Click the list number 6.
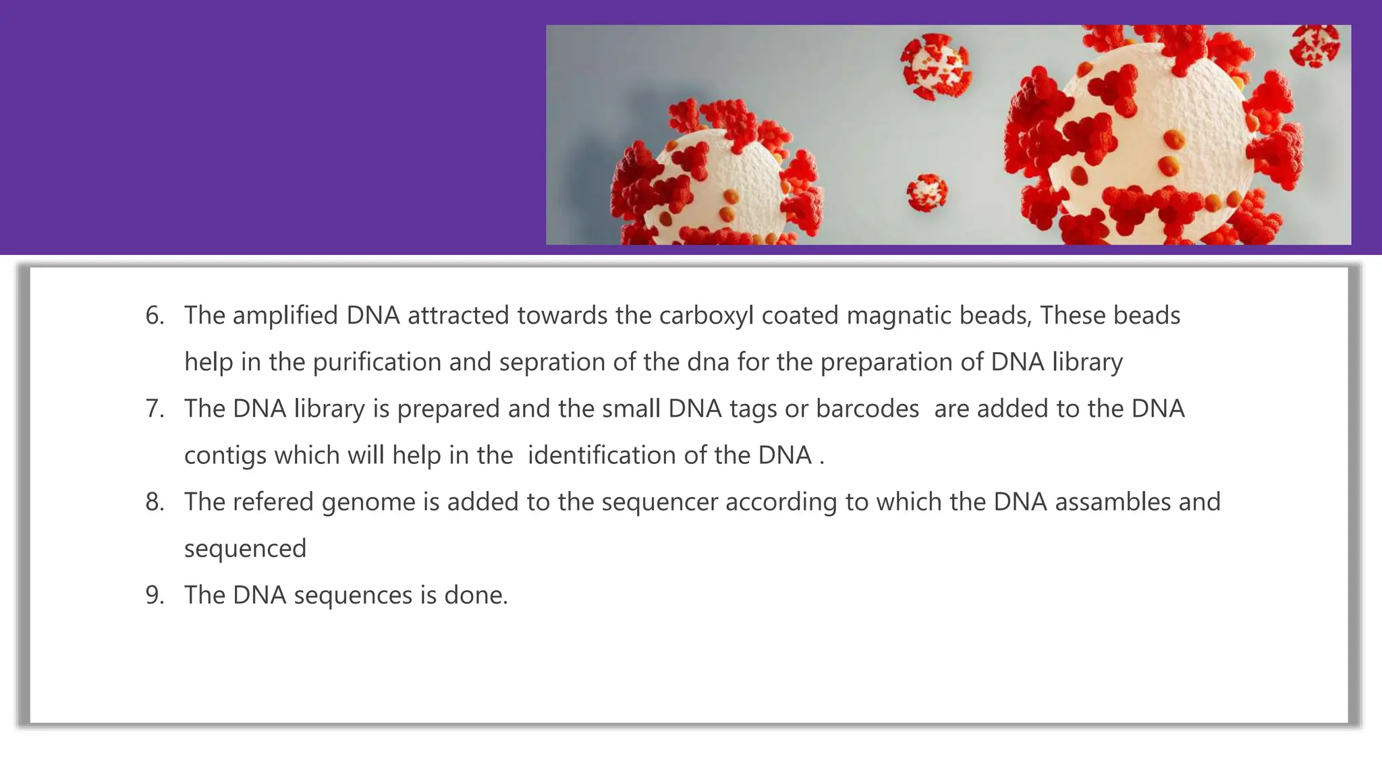coord(155,316)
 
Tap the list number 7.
coord(155,409)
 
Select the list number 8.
coord(155,502)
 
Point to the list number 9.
coord(155,595)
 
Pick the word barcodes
coord(867,409)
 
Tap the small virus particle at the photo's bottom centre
coord(927,192)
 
